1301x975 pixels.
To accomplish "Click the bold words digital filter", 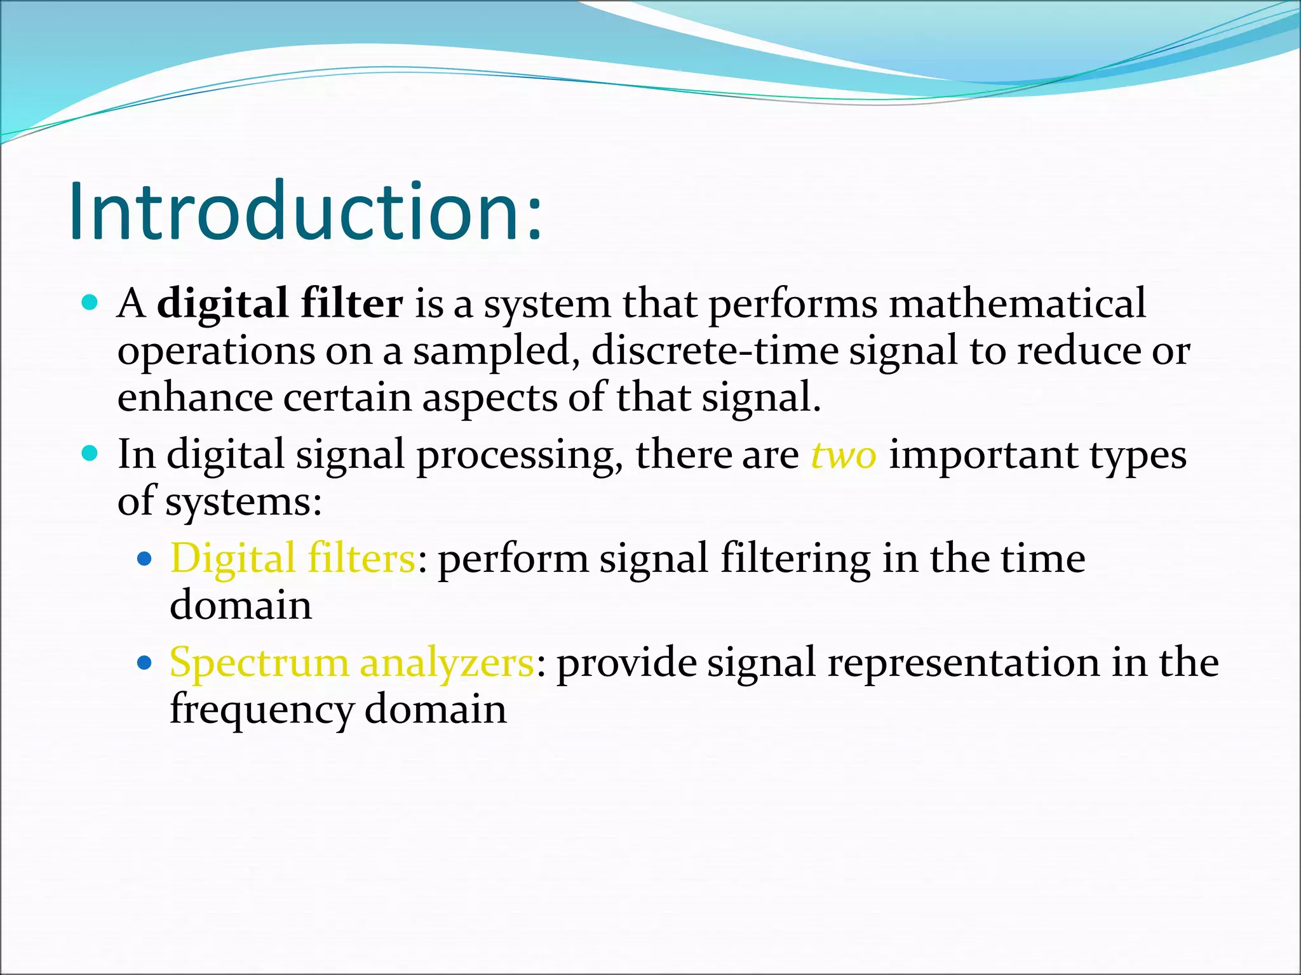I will [x=280, y=304].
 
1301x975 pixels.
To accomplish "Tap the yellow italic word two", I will [x=844, y=455].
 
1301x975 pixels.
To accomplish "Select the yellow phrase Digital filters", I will [x=293, y=559].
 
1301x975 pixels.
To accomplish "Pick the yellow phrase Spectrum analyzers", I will [x=352, y=663].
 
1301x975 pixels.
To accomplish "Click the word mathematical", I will [x=1017, y=303].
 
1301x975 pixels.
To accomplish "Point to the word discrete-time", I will [x=715, y=351].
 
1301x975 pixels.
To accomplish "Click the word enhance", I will [x=194, y=398].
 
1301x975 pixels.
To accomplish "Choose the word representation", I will [x=963, y=663].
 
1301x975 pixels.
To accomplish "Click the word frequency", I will [x=261, y=710].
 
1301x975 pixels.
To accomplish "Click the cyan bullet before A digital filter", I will [x=90, y=303].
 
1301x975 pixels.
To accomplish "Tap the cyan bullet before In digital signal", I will [x=90, y=453].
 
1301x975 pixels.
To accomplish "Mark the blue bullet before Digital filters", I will [x=145, y=559].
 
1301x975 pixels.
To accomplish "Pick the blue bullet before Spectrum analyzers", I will [x=145, y=663].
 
